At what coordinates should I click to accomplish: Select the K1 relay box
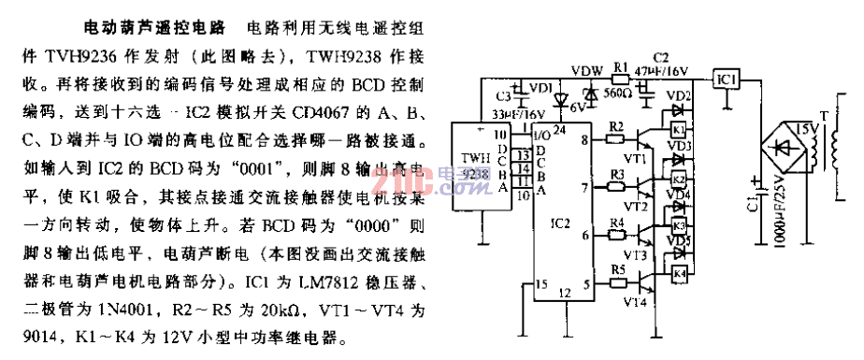click(679, 128)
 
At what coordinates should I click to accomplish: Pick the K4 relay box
click(679, 273)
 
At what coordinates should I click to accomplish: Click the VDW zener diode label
click(586, 68)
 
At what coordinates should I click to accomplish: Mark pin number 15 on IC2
click(540, 284)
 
